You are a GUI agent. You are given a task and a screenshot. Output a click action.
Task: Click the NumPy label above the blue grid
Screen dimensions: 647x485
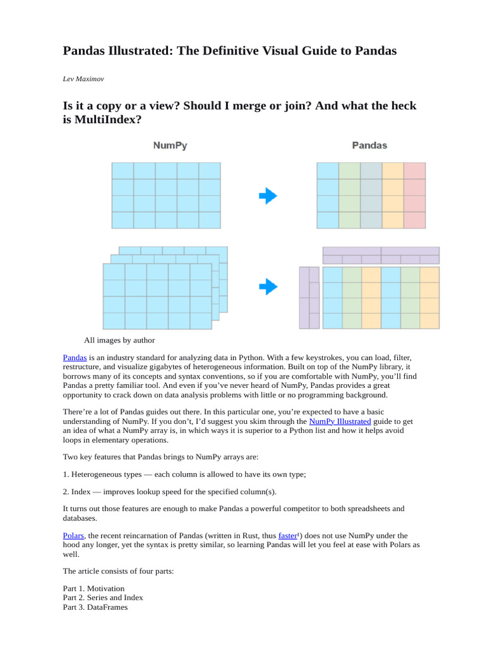[x=170, y=145]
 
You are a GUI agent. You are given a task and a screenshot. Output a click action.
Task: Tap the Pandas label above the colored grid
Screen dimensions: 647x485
[x=369, y=145]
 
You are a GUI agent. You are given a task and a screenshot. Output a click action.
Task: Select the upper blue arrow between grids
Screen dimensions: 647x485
[x=268, y=196]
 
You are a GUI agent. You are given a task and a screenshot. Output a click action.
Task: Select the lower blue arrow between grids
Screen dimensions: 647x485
[x=268, y=287]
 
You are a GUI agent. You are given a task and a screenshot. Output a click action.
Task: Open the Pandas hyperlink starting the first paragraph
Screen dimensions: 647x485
[x=75, y=358]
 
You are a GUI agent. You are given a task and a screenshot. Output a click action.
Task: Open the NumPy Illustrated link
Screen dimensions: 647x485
[x=340, y=421]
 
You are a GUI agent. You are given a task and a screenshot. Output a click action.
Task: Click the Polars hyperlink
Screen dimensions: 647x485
[x=73, y=535]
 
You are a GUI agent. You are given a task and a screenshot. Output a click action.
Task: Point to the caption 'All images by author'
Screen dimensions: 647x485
[x=120, y=340]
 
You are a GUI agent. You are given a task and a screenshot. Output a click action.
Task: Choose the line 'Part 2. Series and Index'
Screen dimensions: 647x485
[x=103, y=598]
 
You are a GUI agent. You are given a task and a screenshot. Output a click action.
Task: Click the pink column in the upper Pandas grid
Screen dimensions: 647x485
[x=415, y=195]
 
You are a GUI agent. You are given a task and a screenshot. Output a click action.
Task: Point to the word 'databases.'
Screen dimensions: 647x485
[x=80, y=517]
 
